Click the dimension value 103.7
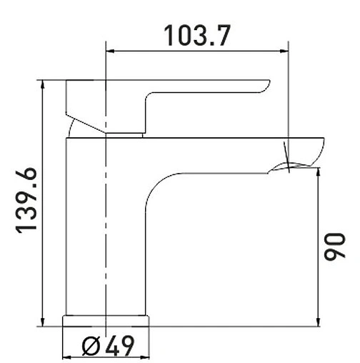coord(197,35)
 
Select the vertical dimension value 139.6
coord(26,202)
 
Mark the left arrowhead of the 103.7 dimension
coord(110,50)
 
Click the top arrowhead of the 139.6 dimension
coord(44,84)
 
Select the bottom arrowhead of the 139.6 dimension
coord(44,322)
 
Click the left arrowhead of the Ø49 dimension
coord(68,357)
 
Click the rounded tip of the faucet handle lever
coord(269,85)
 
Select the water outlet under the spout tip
coord(289,168)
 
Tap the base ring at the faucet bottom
coord(106,320)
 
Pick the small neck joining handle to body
coord(126,134)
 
